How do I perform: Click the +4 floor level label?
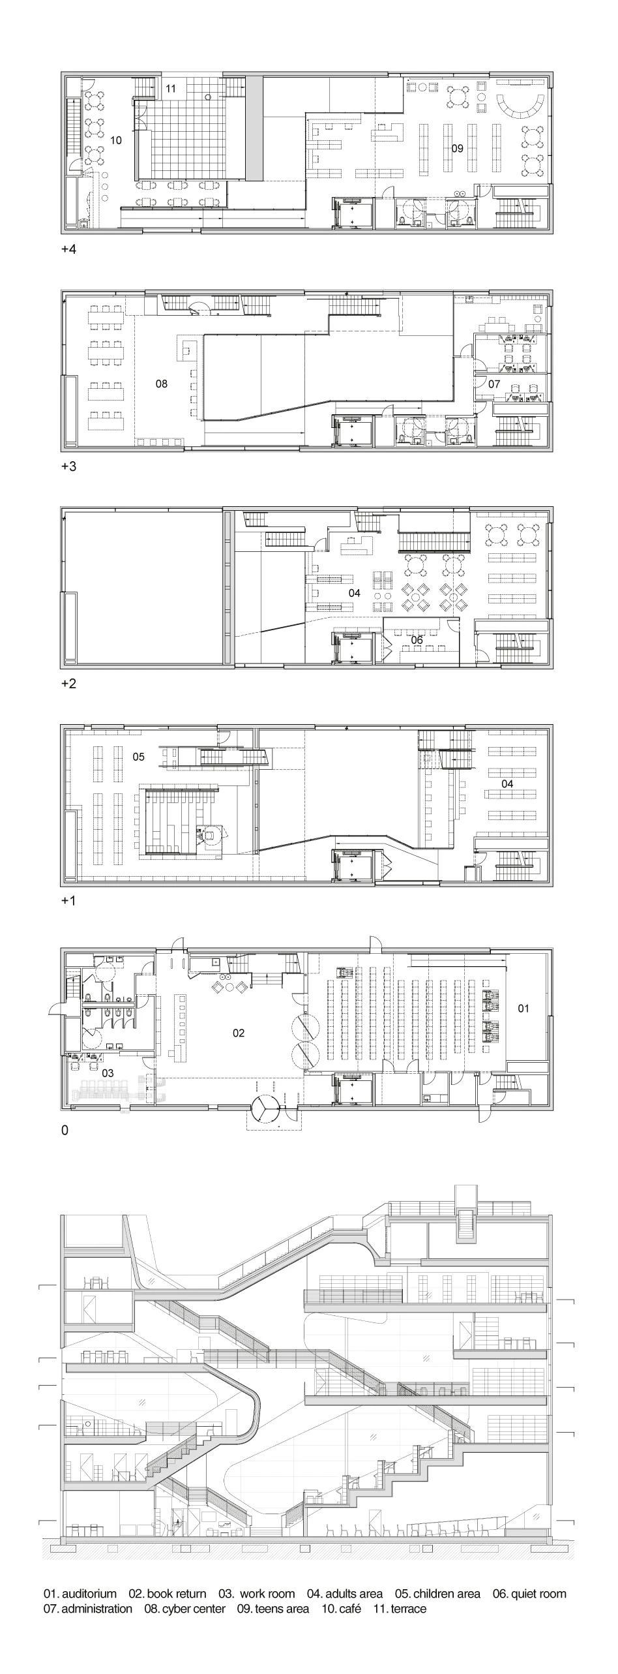[68, 249]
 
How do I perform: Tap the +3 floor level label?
[68, 466]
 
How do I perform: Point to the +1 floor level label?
[68, 901]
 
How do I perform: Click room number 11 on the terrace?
[171, 89]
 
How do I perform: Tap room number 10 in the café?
[116, 140]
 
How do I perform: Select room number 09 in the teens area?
[458, 148]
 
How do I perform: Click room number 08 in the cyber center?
[162, 384]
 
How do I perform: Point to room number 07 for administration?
[494, 384]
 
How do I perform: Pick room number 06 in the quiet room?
[417, 640]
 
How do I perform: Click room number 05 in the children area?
[138, 757]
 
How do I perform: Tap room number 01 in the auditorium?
[523, 1008]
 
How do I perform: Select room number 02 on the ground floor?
[239, 1033]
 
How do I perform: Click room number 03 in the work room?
[108, 1073]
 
